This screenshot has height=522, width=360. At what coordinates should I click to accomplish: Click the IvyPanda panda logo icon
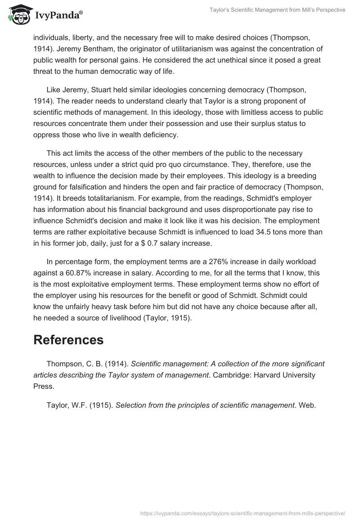pos(18,15)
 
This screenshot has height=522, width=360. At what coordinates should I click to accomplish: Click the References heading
pos(68,340)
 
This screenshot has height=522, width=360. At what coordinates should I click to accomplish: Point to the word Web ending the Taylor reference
pos(308,405)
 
